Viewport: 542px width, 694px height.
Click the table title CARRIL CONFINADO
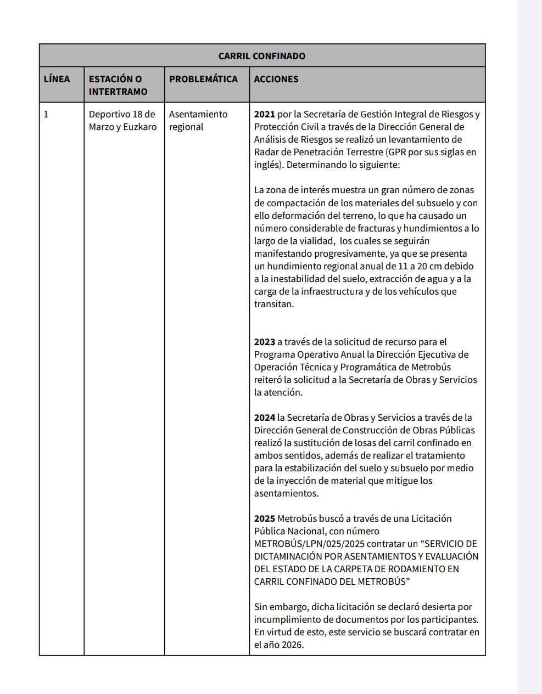point(262,56)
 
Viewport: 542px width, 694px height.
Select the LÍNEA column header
point(57,79)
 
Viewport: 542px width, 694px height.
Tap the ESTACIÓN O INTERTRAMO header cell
point(118,85)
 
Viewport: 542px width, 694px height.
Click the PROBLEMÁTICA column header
point(203,79)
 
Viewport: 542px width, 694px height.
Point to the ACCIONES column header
point(276,79)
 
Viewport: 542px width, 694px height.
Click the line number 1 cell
point(46,115)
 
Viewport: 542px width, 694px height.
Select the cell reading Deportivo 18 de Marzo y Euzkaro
point(122,121)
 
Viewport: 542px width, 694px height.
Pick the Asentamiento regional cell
point(198,121)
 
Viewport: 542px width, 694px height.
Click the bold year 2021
point(264,115)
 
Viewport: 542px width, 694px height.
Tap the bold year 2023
point(264,342)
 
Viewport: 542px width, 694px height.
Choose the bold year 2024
point(264,417)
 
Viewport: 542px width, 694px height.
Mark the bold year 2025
point(264,518)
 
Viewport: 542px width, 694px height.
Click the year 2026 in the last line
point(292,645)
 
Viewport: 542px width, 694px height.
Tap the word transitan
point(273,304)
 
